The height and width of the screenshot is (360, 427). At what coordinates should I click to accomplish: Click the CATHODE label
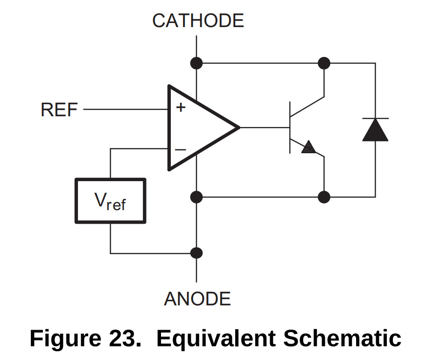[x=198, y=21]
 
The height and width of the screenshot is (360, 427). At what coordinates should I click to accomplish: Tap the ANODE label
[x=197, y=299]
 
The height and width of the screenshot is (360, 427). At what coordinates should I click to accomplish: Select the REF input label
[x=59, y=110]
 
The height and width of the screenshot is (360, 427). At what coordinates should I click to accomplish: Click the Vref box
[x=110, y=201]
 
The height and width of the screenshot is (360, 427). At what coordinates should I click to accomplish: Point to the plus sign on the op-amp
[x=181, y=107]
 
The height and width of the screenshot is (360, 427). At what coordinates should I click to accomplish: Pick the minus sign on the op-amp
[x=180, y=149]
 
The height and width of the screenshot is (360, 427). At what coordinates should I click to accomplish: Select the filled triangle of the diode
[x=375, y=130]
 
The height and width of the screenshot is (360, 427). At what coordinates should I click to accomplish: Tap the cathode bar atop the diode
[x=375, y=119]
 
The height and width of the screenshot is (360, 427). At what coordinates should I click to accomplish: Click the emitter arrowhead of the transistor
[x=308, y=148]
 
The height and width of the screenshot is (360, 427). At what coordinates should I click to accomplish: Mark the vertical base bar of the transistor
[x=290, y=127]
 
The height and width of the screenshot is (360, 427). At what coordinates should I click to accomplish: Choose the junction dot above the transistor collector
[x=324, y=63]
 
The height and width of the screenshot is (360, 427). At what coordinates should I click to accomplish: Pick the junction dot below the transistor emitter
[x=324, y=197]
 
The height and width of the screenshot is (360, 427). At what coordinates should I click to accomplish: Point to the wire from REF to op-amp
[x=126, y=110]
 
